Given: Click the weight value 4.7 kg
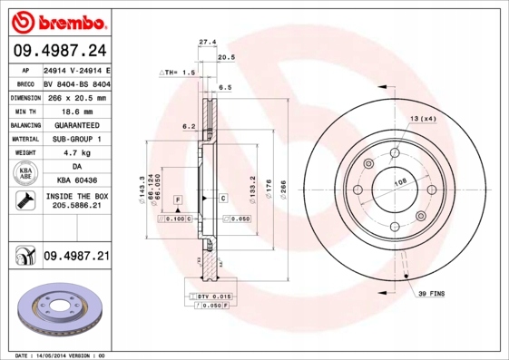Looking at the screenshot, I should pos(77,153).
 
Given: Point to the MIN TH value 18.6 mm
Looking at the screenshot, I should pos(77,111).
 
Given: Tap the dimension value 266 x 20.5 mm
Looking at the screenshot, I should pos(77,96).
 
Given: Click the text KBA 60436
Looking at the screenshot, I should pos(77,181).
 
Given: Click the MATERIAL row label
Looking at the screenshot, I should pos(24,139).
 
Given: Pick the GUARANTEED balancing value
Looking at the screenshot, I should pos(77,125).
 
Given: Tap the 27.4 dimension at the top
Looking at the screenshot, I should pos(207,41).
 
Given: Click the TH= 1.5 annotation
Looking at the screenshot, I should pos(178,72).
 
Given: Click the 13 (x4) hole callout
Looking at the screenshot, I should pos(422,120).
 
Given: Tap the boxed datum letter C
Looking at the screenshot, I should pos(223,197).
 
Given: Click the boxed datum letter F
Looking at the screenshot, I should pos(178,198).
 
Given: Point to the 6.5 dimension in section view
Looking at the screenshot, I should pos(225,87).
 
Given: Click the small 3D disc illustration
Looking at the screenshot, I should pos(56,312).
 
